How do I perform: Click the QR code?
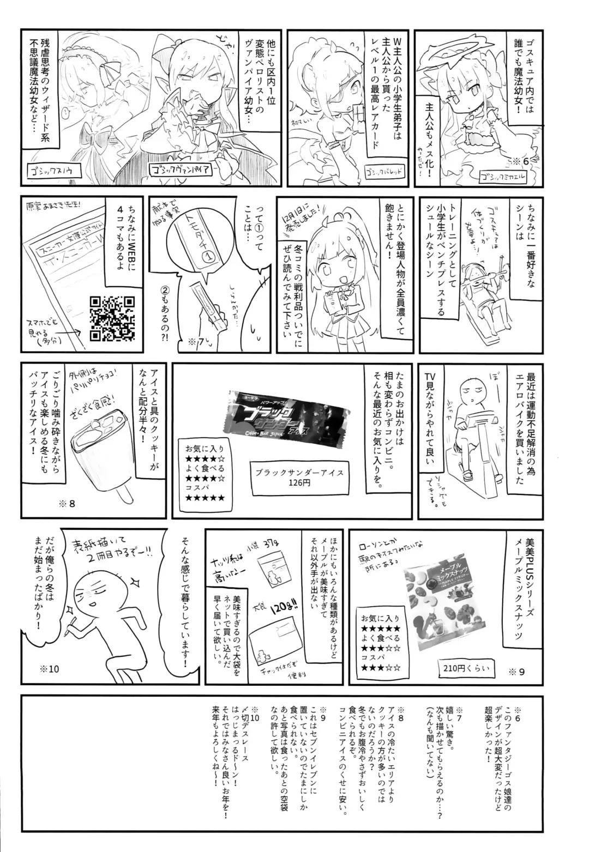tap(112, 318)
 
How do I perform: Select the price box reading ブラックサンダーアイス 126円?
tap(300, 478)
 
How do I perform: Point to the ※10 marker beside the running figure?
tap(49, 669)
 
